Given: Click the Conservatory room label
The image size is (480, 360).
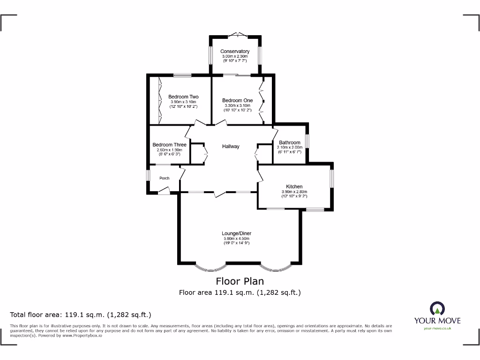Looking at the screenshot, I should pyautogui.click(x=235, y=51).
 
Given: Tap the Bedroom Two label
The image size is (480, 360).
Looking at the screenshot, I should pyautogui.click(x=183, y=97).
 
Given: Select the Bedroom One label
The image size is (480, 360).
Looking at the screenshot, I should pyautogui.click(x=237, y=100).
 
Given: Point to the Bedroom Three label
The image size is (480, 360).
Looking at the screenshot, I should pyautogui.click(x=169, y=145).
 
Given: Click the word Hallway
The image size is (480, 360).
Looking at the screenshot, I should pyautogui.click(x=231, y=146).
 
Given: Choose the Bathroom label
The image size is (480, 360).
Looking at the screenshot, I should pyautogui.click(x=289, y=142).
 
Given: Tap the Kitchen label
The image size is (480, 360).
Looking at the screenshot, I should pyautogui.click(x=294, y=187).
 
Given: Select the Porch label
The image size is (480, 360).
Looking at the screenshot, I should pyautogui.click(x=164, y=178).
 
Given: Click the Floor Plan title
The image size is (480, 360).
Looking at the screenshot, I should pyautogui.click(x=240, y=281).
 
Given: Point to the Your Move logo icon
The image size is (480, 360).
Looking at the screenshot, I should pyautogui.click(x=437, y=309).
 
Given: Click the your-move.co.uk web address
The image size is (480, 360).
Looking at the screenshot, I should pyautogui.click(x=437, y=328).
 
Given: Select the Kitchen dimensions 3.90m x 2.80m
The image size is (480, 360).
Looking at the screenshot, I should pyautogui.click(x=294, y=192).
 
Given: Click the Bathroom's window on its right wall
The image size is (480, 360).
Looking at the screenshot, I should pyautogui.click(x=307, y=141).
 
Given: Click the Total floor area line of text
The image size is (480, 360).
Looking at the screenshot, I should pyautogui.click(x=81, y=315).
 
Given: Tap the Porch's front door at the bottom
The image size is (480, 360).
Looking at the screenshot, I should pyautogui.click(x=164, y=190).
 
